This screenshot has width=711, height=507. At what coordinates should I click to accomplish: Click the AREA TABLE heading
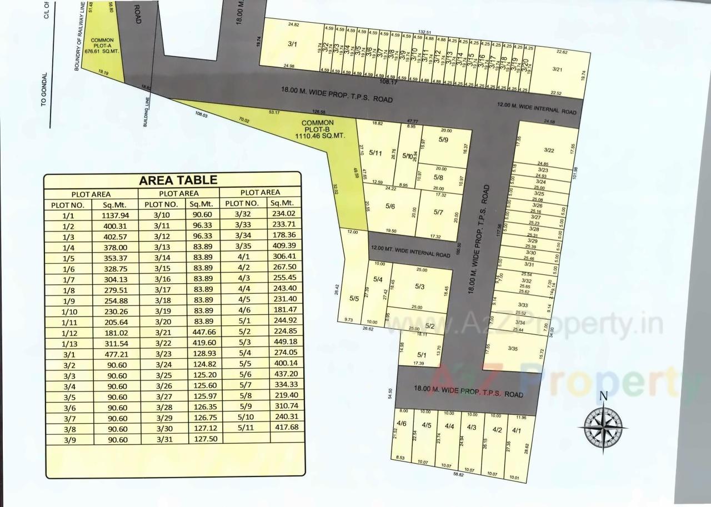coord(178,180)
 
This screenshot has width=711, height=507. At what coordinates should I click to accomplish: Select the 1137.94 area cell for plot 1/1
coord(115,215)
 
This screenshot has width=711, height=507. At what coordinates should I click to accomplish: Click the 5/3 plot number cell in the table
coord(246,342)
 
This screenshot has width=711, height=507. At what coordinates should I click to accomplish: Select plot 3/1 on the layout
coord(293,43)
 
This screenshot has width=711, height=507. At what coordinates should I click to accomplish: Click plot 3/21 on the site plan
coord(558,69)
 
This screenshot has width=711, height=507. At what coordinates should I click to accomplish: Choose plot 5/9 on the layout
coord(443,140)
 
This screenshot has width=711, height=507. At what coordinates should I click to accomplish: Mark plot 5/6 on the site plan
coord(389,206)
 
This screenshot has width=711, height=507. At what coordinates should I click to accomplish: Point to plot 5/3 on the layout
coord(419,287)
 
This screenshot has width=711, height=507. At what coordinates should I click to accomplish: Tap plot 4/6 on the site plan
coord(402,424)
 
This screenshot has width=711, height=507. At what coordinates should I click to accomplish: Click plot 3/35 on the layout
coord(513,348)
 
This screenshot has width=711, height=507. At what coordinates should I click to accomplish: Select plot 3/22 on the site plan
coord(549,150)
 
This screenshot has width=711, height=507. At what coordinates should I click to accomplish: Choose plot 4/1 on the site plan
coord(516,430)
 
